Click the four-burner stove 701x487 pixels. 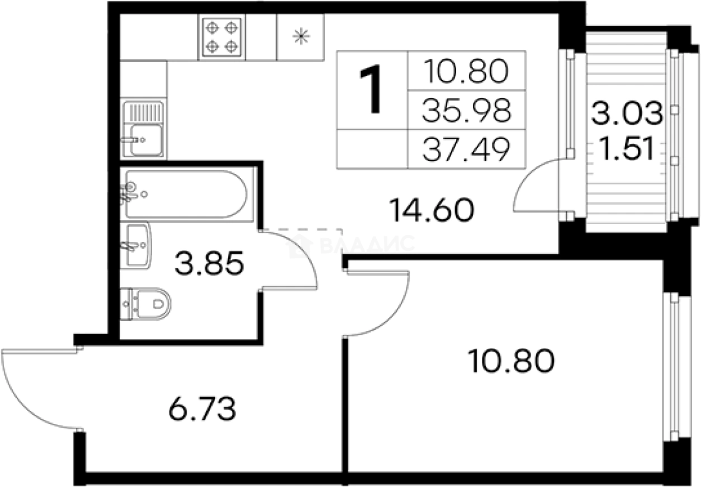222,37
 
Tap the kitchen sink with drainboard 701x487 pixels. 143,129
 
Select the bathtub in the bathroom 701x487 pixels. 187,194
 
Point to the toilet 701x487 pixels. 145,304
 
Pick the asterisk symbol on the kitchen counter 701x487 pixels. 301,36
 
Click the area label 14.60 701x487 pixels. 432,210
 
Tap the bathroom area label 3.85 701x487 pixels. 209,263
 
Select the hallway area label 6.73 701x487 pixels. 202,409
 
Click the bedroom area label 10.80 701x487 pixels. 511,362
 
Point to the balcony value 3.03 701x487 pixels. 627,113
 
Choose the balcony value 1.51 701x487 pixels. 627,149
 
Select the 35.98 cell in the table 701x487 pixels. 467,110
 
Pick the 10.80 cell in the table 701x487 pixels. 466,71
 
